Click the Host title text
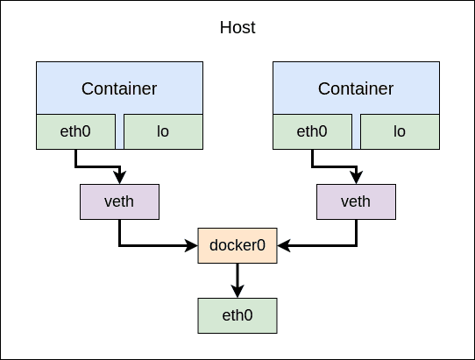[x=237, y=27]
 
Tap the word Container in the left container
[x=119, y=88]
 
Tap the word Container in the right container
[x=356, y=88]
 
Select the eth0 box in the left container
[x=75, y=131]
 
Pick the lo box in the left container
[x=163, y=131]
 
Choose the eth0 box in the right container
[x=312, y=131]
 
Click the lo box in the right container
[x=400, y=131]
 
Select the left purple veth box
[x=120, y=201]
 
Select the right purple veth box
[x=356, y=201]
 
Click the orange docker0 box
[x=237, y=245]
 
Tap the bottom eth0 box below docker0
[x=237, y=316]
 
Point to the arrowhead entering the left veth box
[x=120, y=177]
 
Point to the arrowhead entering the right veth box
[x=357, y=177]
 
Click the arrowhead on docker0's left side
[x=191, y=245]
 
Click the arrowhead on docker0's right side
[x=284, y=245]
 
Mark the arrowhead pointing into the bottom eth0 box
[x=237, y=292]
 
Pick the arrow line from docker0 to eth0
[x=237, y=280]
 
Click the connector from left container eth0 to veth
[x=98, y=166]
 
